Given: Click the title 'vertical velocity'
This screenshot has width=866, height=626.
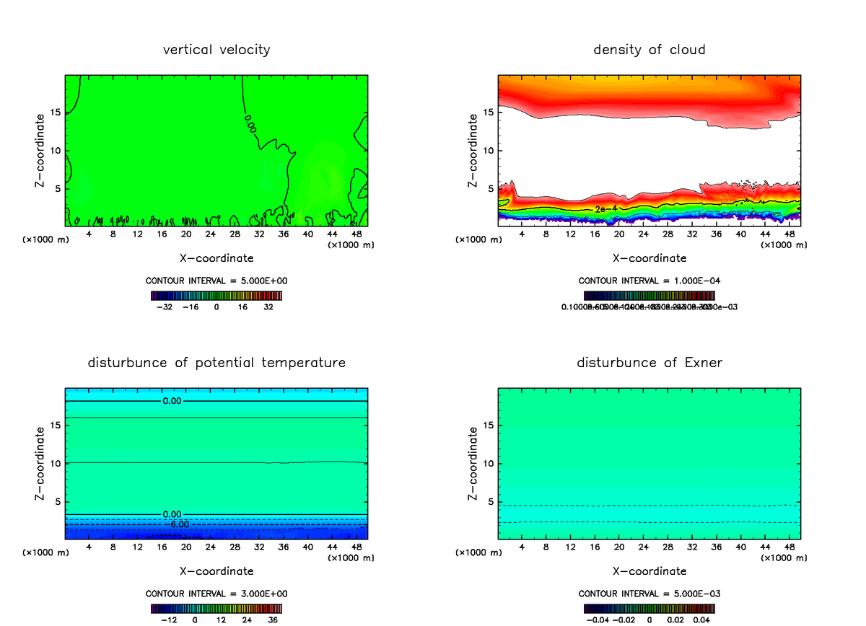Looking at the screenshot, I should tap(216, 50).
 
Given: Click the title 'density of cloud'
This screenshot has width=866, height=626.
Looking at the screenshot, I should tap(649, 50).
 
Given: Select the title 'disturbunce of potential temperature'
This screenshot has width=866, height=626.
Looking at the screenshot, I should tap(216, 363).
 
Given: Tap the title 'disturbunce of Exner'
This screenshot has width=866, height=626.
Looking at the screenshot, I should tap(649, 363).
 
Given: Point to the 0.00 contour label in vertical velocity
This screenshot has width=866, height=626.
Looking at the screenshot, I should tap(250, 122).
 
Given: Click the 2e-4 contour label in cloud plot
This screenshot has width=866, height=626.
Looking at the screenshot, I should tap(605, 208).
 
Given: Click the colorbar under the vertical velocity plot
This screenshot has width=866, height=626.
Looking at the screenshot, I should tap(216, 295).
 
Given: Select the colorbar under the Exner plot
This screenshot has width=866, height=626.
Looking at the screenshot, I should tap(649, 608).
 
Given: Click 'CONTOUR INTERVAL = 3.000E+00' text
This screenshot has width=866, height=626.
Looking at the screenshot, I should tap(216, 594).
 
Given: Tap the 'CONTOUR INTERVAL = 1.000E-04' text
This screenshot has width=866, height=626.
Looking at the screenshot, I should tap(649, 281).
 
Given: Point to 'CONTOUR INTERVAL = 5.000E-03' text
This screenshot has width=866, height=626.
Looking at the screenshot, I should tap(649, 594).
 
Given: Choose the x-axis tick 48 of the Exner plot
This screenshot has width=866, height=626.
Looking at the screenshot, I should tap(789, 547).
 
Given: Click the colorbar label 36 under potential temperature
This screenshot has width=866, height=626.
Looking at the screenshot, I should tap(274, 620).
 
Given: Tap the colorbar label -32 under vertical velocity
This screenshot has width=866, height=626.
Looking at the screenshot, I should tap(165, 307).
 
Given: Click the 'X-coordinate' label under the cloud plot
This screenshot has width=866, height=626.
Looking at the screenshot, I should tap(649, 257).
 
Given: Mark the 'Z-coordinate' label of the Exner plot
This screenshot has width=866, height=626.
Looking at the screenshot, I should tap(473, 464).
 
